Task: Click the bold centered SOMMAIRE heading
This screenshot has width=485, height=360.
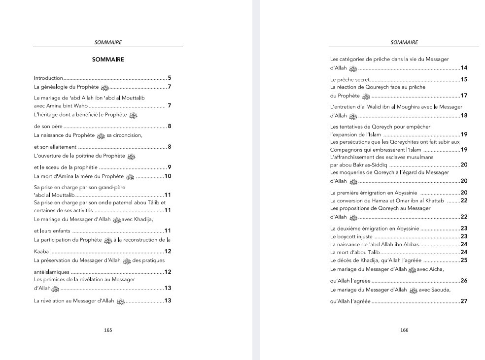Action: pos(108,60)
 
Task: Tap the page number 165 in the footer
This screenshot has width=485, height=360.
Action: pos(108,330)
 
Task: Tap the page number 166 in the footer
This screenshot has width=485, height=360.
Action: pos(404,330)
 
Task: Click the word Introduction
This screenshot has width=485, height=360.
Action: pos(48,78)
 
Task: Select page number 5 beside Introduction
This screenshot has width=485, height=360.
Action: pos(169,78)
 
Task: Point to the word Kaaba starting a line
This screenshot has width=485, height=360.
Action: pos(41,252)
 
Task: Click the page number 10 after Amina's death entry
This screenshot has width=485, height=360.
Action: pos(168,176)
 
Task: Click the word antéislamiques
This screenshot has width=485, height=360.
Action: pos(52,272)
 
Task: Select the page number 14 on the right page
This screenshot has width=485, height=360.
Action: pos(464,67)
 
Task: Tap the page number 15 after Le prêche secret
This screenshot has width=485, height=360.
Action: pos(464,79)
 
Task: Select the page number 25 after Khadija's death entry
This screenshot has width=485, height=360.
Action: pos(464,260)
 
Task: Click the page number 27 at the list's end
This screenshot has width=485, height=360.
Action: pos(464,301)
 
